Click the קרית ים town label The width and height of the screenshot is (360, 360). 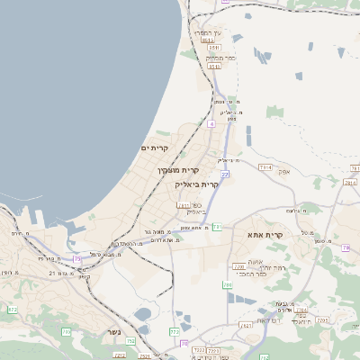point(155,148)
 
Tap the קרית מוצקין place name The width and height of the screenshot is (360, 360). point(178,169)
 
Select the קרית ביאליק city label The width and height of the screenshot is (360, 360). point(197,184)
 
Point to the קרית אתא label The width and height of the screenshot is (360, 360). point(265,235)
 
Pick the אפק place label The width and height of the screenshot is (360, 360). point(283,171)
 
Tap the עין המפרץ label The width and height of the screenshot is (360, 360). point(211,32)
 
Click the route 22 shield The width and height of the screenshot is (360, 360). point(225,174)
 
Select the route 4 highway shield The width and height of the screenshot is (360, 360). point(211,123)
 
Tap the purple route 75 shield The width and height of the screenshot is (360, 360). point(77,259)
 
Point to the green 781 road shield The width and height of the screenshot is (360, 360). point(217,227)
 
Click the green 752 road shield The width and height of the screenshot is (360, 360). point(130,341)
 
